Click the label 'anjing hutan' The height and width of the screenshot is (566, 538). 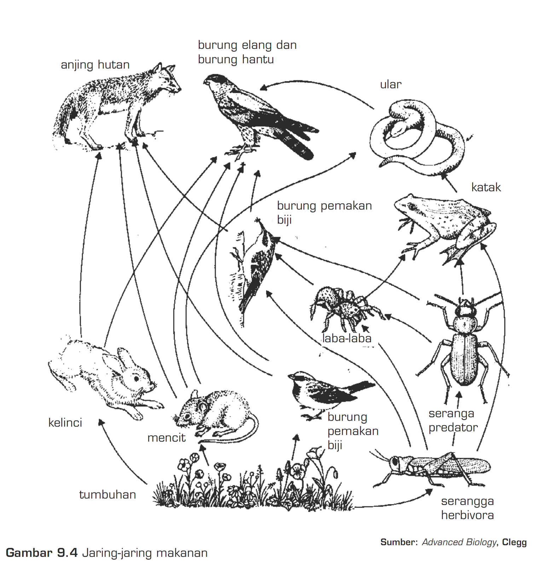pos(95,65)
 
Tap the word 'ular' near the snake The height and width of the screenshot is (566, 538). pos(391,85)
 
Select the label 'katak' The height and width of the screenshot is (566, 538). pos(486,187)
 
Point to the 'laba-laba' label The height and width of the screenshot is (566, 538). pos(347,339)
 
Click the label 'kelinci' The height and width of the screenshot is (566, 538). pos(65,422)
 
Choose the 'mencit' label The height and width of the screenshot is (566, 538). pos(166,438)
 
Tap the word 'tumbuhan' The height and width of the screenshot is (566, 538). pos(108,494)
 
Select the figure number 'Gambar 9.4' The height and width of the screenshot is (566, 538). pos(42,553)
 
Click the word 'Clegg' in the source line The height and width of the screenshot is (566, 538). pos(514,542)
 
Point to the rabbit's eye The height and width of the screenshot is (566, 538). pos(137,378)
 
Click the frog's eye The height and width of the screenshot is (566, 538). pos(411,206)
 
